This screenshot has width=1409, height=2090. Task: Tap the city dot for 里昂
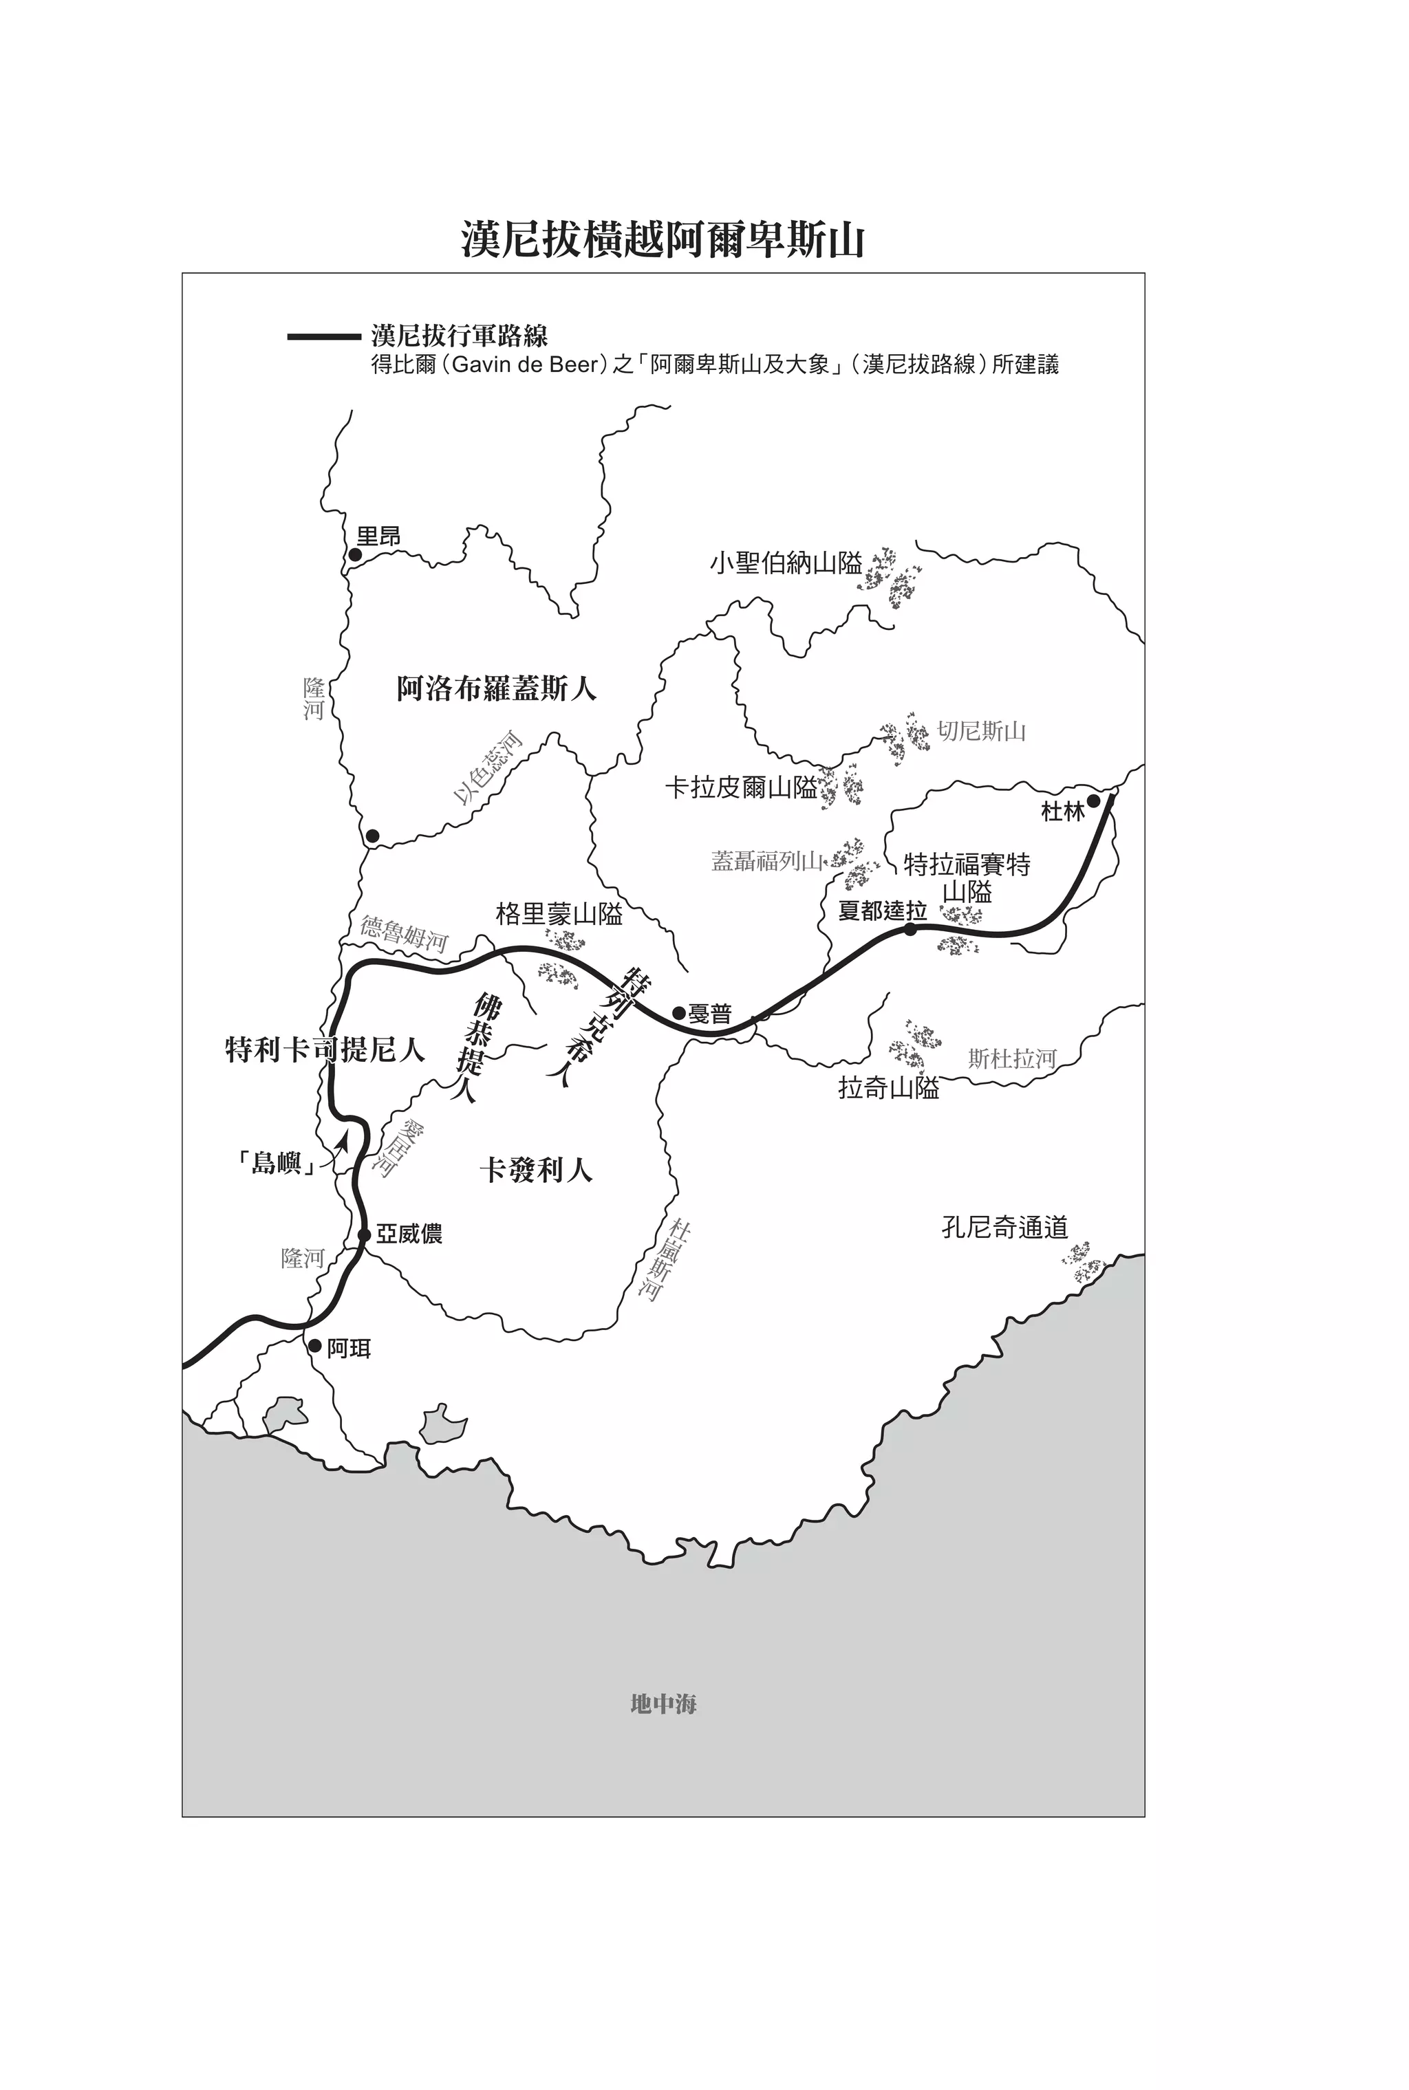click(355, 555)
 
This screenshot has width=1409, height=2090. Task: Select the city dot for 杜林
click(1094, 801)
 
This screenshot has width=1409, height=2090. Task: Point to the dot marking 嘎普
click(679, 1013)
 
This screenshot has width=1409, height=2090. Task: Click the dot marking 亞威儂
click(364, 1235)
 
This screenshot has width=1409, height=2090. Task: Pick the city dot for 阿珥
click(314, 1347)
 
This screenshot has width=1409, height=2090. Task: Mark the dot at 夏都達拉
click(910, 928)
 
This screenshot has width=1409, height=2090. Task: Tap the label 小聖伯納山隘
click(786, 564)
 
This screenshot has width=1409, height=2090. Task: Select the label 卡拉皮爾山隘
click(742, 787)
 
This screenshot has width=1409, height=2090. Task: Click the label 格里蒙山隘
click(559, 914)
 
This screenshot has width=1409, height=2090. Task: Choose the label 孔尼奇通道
click(1004, 1227)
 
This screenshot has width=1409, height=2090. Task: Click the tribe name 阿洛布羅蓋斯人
click(497, 689)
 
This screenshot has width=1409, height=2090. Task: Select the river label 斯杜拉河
click(1012, 1059)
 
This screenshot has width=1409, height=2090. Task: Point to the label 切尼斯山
click(980, 731)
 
